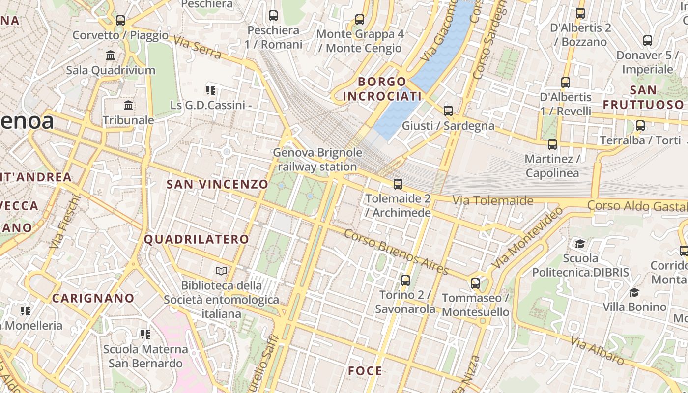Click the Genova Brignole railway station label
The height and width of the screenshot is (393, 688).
coord(317,160)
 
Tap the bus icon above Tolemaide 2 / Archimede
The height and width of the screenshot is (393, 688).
coord(398,184)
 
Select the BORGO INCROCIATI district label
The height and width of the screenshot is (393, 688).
coord(382,89)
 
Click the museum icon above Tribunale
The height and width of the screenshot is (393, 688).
coord(129,106)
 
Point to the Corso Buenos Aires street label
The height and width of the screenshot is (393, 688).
coord(396,252)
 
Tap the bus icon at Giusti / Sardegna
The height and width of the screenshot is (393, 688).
coord(448,111)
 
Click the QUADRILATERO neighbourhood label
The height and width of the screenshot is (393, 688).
coord(197,240)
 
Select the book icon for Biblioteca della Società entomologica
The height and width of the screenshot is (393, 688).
coord(221,271)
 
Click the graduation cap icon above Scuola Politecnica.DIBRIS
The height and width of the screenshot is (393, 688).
coord(580,244)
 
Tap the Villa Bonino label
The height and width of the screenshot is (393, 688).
coord(634,307)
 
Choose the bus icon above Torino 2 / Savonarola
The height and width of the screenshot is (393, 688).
coord(405,281)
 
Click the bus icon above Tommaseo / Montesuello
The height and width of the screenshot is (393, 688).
coord(475,283)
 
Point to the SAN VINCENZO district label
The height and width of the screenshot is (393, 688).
coord(217,185)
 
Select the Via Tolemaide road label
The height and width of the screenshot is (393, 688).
coord(492,200)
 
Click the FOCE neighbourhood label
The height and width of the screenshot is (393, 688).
coord(365,371)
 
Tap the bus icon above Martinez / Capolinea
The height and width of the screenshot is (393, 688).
coord(552,144)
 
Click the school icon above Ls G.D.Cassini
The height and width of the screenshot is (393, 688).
coord(211,90)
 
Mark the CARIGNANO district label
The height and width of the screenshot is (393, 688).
coord(93,298)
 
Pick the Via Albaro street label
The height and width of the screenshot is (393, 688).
coord(597,351)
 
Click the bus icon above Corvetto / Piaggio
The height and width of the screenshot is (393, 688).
coord(120,21)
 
